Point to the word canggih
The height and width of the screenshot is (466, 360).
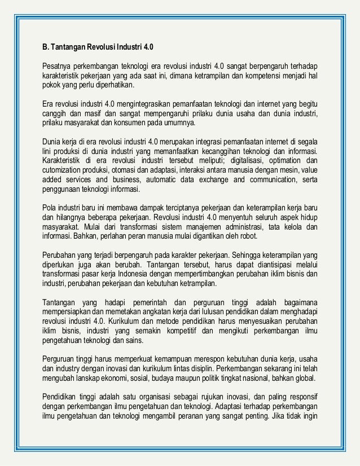pyautogui.click(x=56, y=113)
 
